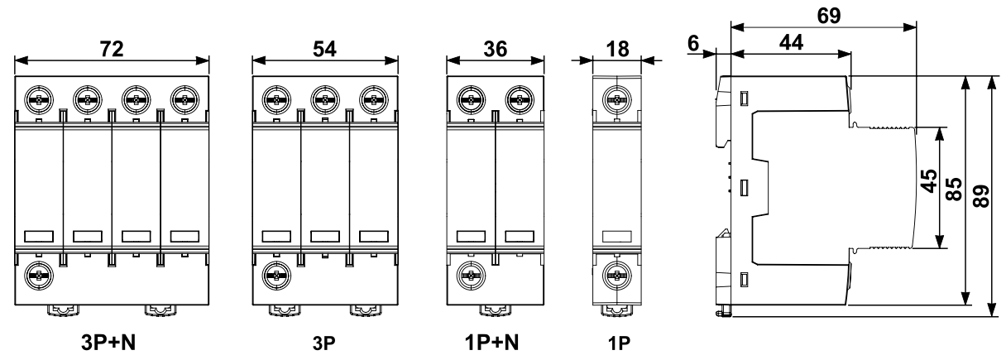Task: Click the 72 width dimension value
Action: coord(113,48)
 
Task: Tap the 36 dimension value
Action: coord(495,48)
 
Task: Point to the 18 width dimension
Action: coord(616,48)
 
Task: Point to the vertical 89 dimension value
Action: coord(982,195)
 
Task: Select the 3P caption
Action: coord(322,342)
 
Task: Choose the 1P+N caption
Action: coord(494,341)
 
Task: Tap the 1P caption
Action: coord(616,342)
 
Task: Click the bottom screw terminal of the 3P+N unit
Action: coord(38,274)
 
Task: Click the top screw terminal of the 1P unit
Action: coord(616,101)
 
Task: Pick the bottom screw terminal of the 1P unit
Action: coord(616,274)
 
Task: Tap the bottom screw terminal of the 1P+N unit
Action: coord(471,274)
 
